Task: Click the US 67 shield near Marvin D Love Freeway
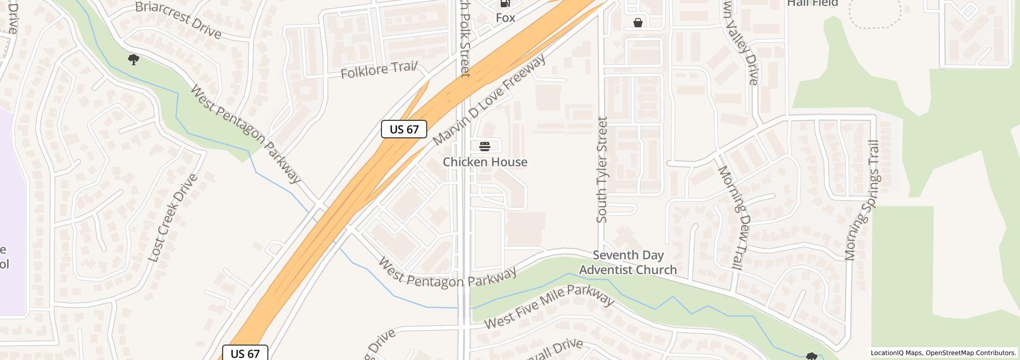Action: pyautogui.click(x=404, y=129)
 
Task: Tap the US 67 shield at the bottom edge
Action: pyautogui.click(x=245, y=353)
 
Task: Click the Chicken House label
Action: pyautogui.click(x=485, y=162)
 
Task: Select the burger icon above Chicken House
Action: pyautogui.click(x=484, y=147)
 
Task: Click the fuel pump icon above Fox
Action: pyautogui.click(x=505, y=4)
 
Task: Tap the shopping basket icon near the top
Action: pyautogui.click(x=637, y=23)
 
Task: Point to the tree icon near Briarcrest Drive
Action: pyautogui.click(x=134, y=60)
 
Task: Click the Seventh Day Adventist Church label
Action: pyautogui.click(x=628, y=262)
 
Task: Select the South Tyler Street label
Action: pyautogui.click(x=602, y=170)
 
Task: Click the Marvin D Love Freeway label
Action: pyautogui.click(x=489, y=100)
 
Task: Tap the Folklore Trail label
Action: pyautogui.click(x=379, y=70)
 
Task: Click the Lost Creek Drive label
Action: pyautogui.click(x=173, y=218)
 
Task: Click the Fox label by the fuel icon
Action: pyautogui.click(x=505, y=17)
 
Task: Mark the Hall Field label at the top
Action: pyautogui.click(x=812, y=3)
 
